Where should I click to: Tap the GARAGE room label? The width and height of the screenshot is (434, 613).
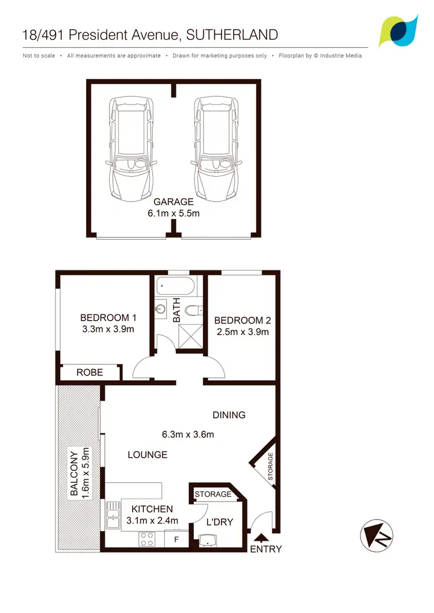click(x=173, y=202)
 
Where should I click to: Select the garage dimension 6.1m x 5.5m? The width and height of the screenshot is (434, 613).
click(x=173, y=213)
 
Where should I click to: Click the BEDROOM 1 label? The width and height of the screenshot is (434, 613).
click(x=108, y=317)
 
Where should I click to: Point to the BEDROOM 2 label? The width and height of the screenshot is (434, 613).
click(x=242, y=321)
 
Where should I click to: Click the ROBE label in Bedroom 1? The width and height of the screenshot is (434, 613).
click(x=90, y=373)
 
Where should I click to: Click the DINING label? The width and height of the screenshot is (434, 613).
click(x=229, y=415)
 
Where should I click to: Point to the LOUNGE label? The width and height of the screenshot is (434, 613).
click(x=148, y=455)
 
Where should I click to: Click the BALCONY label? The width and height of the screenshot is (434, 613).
click(x=74, y=473)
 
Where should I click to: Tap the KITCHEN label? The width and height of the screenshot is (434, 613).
click(x=152, y=509)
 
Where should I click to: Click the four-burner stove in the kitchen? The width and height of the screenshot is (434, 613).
click(x=147, y=540)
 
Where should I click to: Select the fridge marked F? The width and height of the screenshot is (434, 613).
click(x=176, y=540)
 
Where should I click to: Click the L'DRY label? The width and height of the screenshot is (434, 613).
click(x=220, y=522)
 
